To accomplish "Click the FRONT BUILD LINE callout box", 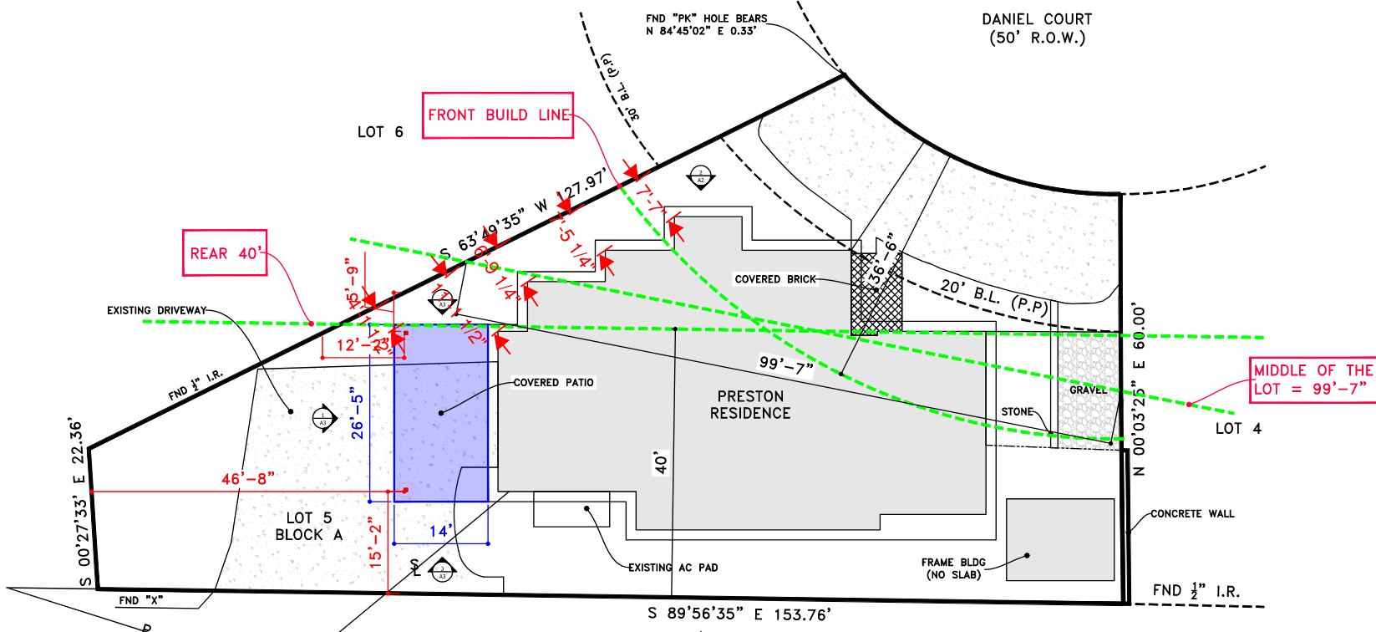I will click(x=498, y=115).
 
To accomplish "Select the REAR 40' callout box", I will click(x=225, y=253).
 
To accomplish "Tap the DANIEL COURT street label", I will click(x=1037, y=28).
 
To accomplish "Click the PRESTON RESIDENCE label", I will click(x=750, y=405).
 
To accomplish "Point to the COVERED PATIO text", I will click(x=553, y=383).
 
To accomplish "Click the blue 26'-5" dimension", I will click(x=358, y=413).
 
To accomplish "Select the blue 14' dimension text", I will click(x=440, y=532).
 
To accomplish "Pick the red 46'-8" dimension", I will click(x=247, y=479).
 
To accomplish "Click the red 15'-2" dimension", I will click(x=375, y=543).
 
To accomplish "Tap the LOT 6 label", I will click(x=380, y=132).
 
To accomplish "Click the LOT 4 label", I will click(x=1238, y=429).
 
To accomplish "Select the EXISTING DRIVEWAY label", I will click(x=156, y=310).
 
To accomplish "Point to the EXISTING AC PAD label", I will click(x=673, y=568).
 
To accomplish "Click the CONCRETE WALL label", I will click(x=1192, y=514).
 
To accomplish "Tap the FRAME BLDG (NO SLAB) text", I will click(x=953, y=568).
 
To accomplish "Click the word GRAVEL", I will click(x=1088, y=390).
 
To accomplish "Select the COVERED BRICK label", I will click(x=775, y=279).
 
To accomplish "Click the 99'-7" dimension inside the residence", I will click(x=785, y=364).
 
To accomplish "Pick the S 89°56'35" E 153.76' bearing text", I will click(x=739, y=614).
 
